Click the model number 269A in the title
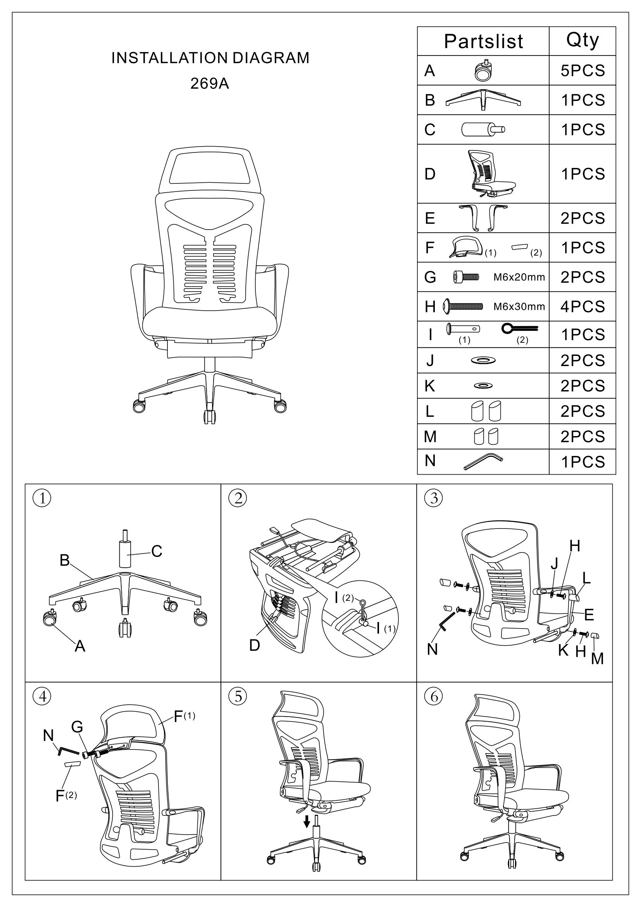pos(210,83)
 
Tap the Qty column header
pos(582,40)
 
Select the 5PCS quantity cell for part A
pos(582,71)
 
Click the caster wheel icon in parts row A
pos(484,70)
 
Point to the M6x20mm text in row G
pos(519,277)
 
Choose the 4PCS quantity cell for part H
pos(582,307)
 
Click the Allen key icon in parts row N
pos(483,461)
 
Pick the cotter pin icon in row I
pos(519,328)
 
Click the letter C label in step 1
pos(157,551)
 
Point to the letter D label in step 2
pos(255,645)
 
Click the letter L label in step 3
pos(586,579)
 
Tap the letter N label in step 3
pos(432,649)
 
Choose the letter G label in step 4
pos(77,726)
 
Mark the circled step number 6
pos(434,696)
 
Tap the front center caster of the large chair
pos(210,416)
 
